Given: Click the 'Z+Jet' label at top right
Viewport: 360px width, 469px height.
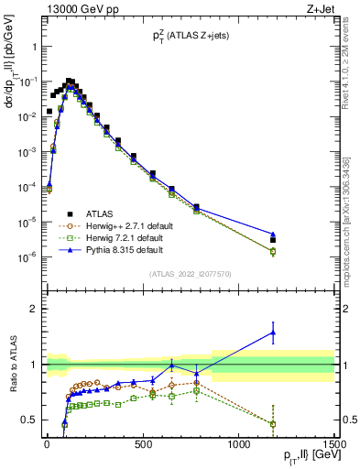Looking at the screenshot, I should (x=319, y=9).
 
